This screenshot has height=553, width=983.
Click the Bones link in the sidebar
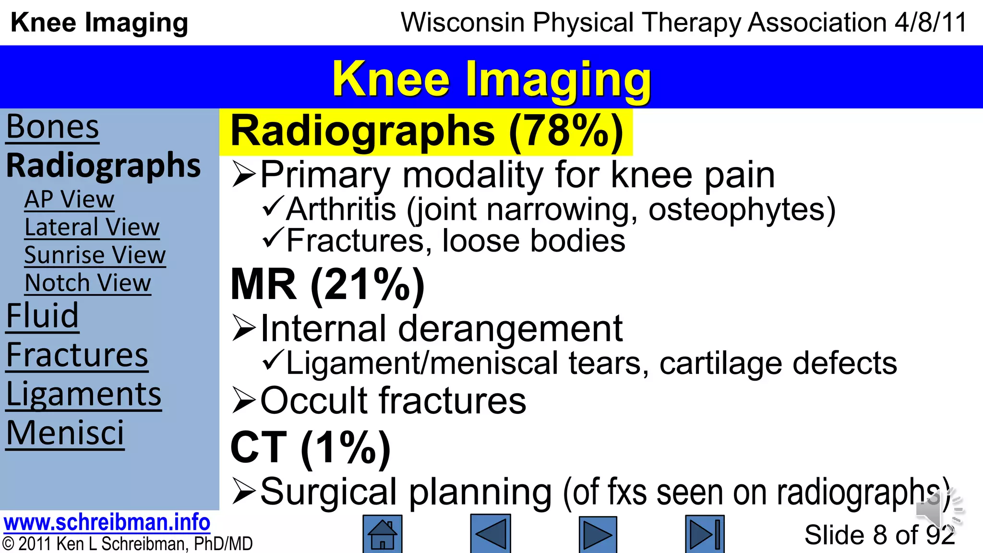click(52, 127)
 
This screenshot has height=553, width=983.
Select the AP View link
click(69, 199)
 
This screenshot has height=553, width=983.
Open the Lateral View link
click(92, 227)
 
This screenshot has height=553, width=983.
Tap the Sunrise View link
click(95, 255)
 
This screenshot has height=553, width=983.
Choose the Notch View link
click(88, 283)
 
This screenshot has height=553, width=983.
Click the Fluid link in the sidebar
click(42, 316)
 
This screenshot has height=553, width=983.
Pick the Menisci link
click(65, 433)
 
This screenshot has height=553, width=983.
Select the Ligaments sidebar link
click(84, 395)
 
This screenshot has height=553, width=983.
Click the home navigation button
click(382, 534)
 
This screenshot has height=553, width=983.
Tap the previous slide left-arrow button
click(490, 534)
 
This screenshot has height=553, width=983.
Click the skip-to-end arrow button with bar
click(705, 534)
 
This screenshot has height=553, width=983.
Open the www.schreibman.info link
click(107, 522)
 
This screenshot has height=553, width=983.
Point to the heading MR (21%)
click(327, 285)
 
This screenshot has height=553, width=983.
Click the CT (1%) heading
click(310, 448)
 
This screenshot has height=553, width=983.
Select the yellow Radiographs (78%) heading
click(426, 132)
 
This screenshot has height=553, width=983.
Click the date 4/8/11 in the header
click(930, 23)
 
